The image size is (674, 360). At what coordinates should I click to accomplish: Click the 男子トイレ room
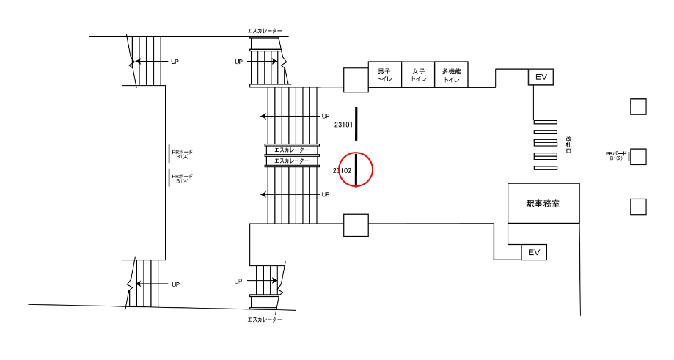(384, 75)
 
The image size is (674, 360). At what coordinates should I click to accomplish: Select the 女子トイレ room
(418, 75)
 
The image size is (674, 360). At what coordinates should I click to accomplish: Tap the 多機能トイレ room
(451, 75)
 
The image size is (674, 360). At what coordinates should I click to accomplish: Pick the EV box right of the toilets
(540, 77)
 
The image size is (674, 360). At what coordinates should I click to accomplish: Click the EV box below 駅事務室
(534, 253)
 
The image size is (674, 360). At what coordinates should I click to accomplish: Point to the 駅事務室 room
(543, 204)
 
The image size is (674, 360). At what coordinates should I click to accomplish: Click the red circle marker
(356, 169)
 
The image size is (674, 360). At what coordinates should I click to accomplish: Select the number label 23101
(344, 125)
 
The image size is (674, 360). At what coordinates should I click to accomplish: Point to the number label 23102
(342, 171)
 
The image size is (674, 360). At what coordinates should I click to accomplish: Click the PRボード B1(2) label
(615, 156)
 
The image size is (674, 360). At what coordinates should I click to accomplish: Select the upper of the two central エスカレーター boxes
(292, 150)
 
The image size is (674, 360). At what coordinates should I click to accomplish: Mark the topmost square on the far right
(638, 107)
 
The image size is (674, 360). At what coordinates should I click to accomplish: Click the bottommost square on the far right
(638, 207)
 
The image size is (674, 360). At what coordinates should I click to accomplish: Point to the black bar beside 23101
(356, 123)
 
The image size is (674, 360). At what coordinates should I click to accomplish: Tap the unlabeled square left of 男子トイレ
(356, 80)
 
